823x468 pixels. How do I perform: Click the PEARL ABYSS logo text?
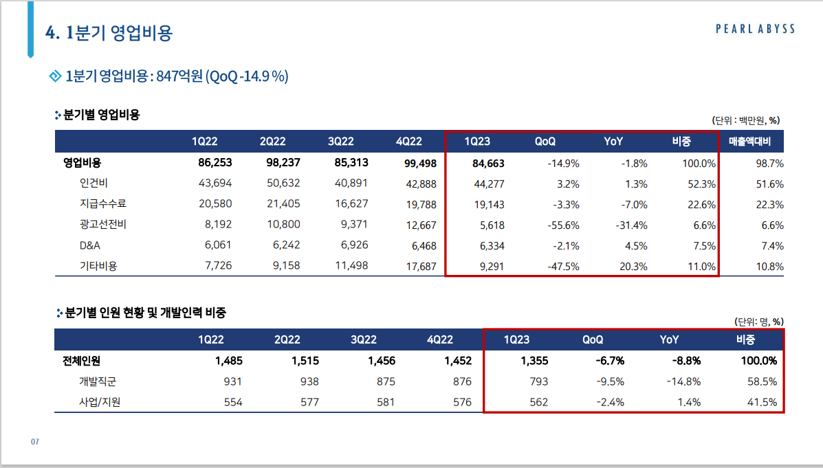coord(755,29)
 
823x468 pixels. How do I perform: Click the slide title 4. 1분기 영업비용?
coord(109,33)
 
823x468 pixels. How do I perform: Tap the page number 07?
coord(34,441)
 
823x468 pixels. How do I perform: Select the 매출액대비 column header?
coord(755,142)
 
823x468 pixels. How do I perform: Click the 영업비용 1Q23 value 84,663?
coord(485,164)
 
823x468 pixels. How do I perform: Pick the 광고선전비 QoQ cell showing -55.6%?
coord(563,225)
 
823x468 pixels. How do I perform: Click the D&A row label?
coord(91,245)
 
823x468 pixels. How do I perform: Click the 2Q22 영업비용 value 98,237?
coord(283,163)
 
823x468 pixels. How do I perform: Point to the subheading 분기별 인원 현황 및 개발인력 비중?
coord(145,313)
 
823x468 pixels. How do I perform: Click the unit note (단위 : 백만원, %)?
coord(745,120)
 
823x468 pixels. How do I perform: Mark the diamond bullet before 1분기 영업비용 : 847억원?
coord(56,76)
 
